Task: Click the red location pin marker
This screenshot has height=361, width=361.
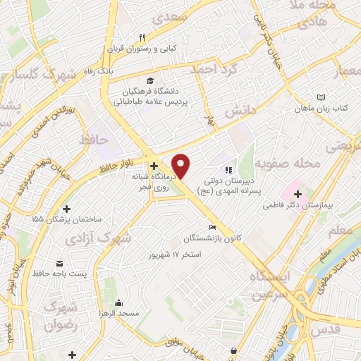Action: pyautogui.click(x=182, y=166)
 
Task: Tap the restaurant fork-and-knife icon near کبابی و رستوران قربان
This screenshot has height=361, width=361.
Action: pyautogui.click(x=142, y=37)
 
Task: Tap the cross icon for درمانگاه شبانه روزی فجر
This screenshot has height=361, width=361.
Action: pyautogui.click(x=154, y=166)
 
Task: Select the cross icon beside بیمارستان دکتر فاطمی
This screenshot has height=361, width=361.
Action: pyautogui.click(x=298, y=192)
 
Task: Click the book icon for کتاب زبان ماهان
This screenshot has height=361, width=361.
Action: pyautogui.click(x=322, y=97)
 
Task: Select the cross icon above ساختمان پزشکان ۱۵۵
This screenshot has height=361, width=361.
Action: pyautogui.click(x=67, y=209)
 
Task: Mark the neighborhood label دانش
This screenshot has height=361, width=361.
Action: pyautogui.click(x=238, y=111)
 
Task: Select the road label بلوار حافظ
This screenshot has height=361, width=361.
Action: pyautogui.click(x=96, y=167)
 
